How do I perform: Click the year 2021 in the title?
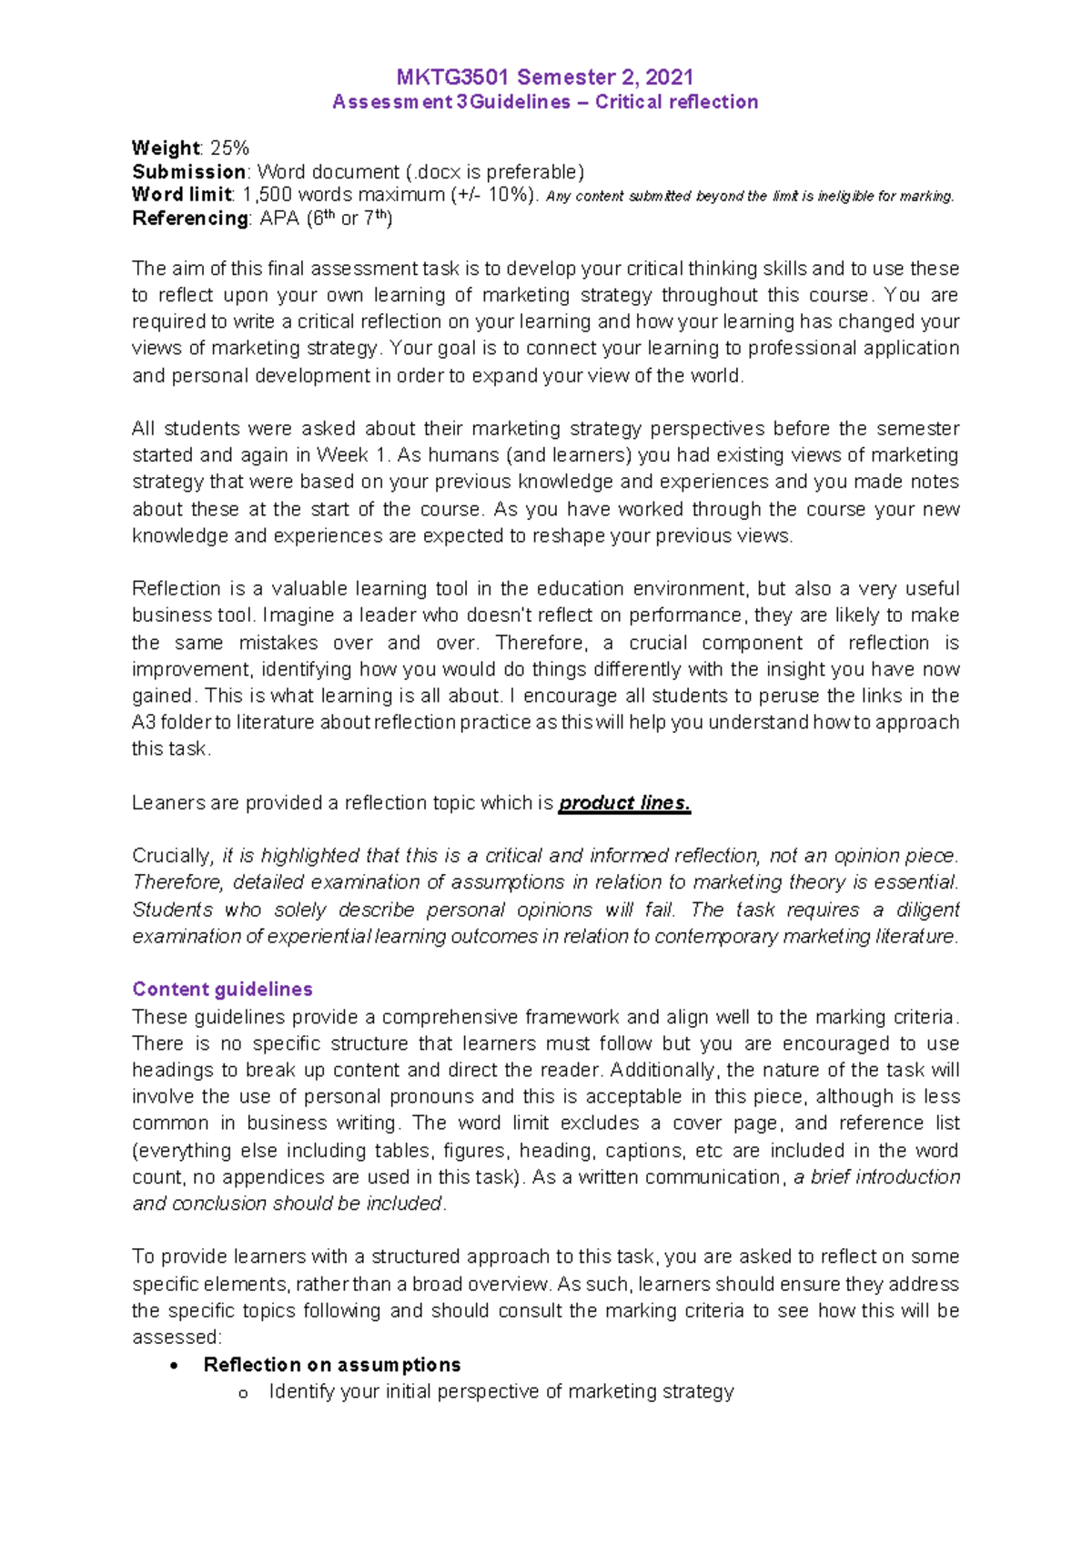[x=669, y=77]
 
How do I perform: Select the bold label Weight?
[x=165, y=148]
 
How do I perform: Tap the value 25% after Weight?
[x=230, y=148]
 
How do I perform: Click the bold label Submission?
[x=188, y=172]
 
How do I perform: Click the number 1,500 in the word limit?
[x=268, y=195]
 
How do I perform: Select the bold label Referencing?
[x=190, y=219]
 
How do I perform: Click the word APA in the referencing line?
[x=279, y=219]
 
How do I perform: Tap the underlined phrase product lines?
[x=624, y=803]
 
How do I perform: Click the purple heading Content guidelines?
[x=222, y=989]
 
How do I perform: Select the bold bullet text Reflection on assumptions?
[x=332, y=1365]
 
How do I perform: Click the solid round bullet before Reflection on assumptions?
[x=175, y=1366]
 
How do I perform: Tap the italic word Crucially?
[x=171, y=856]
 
